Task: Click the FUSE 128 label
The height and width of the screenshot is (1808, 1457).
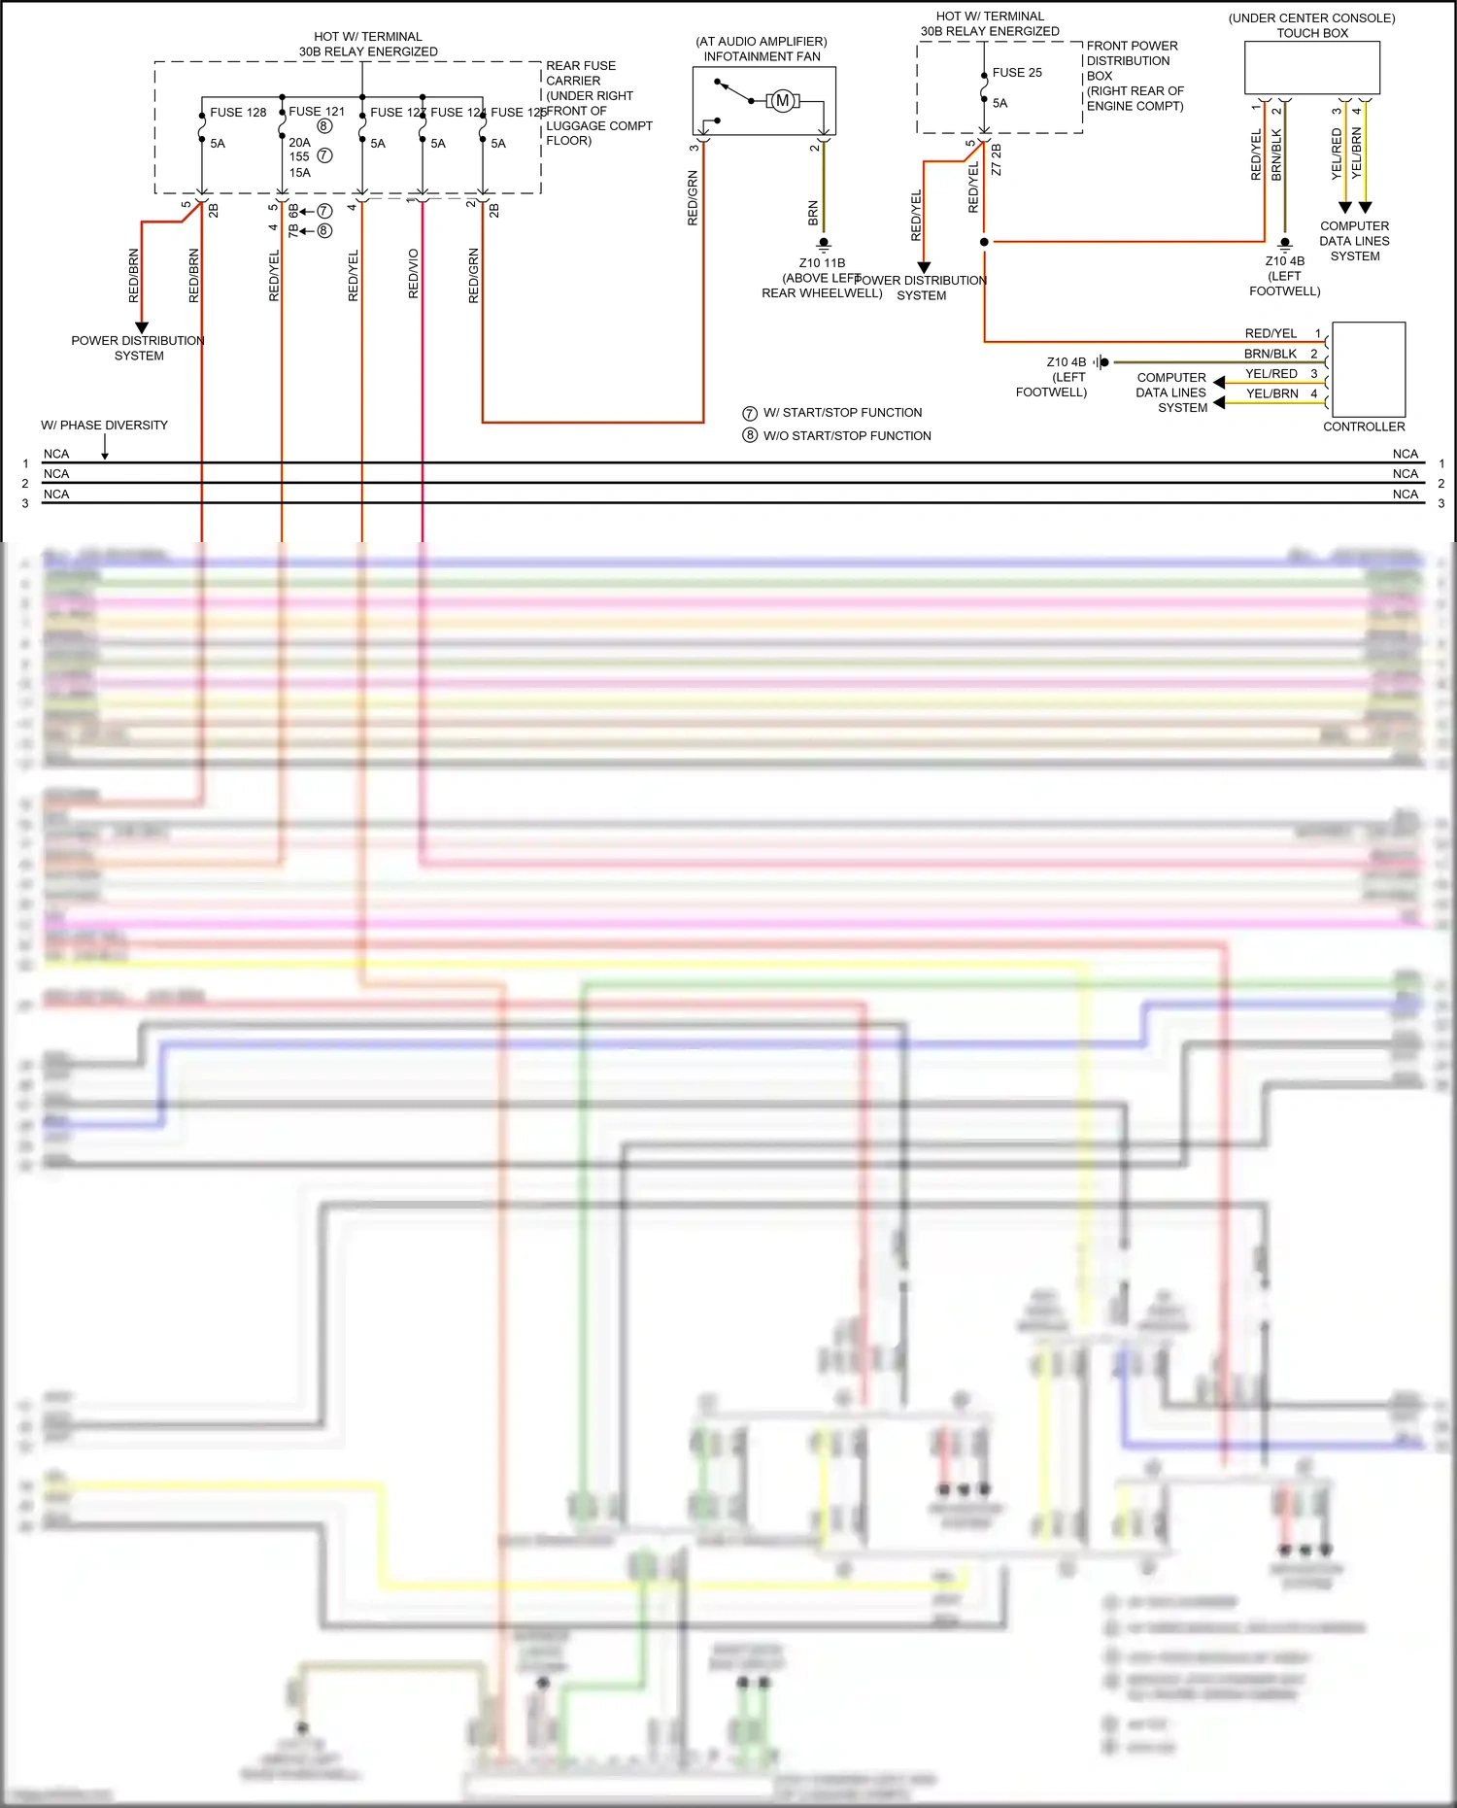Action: coord(238,113)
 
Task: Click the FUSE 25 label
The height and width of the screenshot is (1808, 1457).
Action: coord(1017,73)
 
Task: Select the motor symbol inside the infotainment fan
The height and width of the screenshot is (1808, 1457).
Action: coord(783,101)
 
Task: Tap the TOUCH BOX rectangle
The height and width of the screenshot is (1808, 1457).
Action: coord(1311,68)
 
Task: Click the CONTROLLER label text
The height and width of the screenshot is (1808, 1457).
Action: coord(1363,426)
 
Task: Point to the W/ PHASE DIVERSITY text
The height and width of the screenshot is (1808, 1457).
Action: coord(104,426)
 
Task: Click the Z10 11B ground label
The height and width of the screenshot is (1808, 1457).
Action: coord(822,263)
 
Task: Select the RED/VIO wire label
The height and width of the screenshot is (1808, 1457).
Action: coord(414,273)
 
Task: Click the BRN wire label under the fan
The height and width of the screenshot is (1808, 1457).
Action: coord(813,214)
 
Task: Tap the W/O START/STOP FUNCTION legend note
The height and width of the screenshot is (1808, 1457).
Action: coord(846,436)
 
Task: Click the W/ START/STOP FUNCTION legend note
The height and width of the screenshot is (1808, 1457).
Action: coord(842,413)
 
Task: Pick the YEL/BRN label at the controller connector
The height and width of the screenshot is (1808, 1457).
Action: coord(1271,393)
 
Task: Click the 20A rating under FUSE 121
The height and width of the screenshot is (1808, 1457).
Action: coord(299,143)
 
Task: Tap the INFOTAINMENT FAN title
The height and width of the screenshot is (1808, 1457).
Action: coord(762,56)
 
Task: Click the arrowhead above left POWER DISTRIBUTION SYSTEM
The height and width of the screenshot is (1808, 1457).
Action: coord(142,327)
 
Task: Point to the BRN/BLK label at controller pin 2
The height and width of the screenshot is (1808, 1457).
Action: coord(1270,354)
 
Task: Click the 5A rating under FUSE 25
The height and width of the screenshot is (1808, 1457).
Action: coord(1000,103)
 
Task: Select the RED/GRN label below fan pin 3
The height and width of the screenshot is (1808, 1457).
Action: coord(693,198)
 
